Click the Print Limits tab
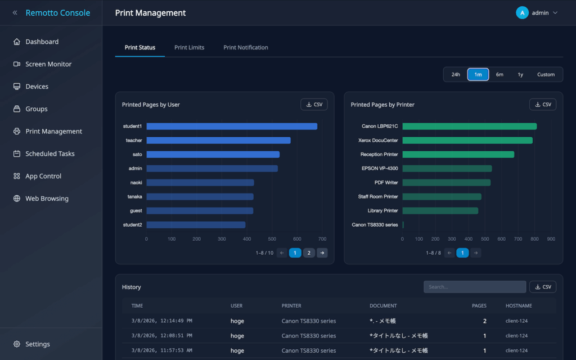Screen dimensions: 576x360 pyautogui.click(x=189, y=47)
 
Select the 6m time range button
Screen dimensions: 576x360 pyautogui.click(x=499, y=75)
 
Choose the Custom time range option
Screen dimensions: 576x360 pyautogui.click(x=546, y=75)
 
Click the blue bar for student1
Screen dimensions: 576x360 pyautogui.click(x=232, y=127)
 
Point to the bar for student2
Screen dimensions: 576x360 pyautogui.click(x=196, y=225)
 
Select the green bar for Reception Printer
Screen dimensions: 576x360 pyautogui.click(x=458, y=155)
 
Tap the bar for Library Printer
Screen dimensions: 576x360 pyautogui.click(x=440, y=211)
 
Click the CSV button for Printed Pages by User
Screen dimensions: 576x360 pyautogui.click(x=314, y=105)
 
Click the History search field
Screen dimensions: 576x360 pyautogui.click(x=475, y=287)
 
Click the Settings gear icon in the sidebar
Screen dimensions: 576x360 pyautogui.click(x=17, y=344)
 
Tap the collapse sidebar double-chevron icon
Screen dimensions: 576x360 pyautogui.click(x=15, y=13)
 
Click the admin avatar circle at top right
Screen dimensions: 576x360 pyautogui.click(x=522, y=13)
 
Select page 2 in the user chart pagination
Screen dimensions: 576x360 pyautogui.click(x=309, y=253)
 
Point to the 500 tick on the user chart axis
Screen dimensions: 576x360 pyautogui.click(x=272, y=239)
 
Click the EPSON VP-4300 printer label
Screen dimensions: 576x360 pyautogui.click(x=380, y=169)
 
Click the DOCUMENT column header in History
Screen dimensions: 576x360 pyautogui.click(x=383, y=305)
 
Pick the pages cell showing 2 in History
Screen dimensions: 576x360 pyautogui.click(x=484, y=321)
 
